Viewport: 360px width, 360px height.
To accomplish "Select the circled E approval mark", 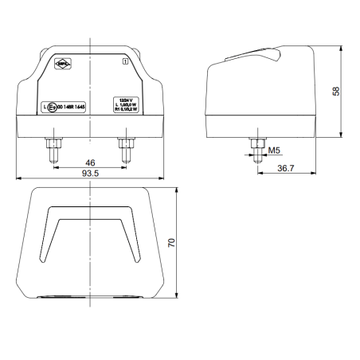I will coord(53,105).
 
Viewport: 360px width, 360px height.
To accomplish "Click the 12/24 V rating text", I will coord(125,100).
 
